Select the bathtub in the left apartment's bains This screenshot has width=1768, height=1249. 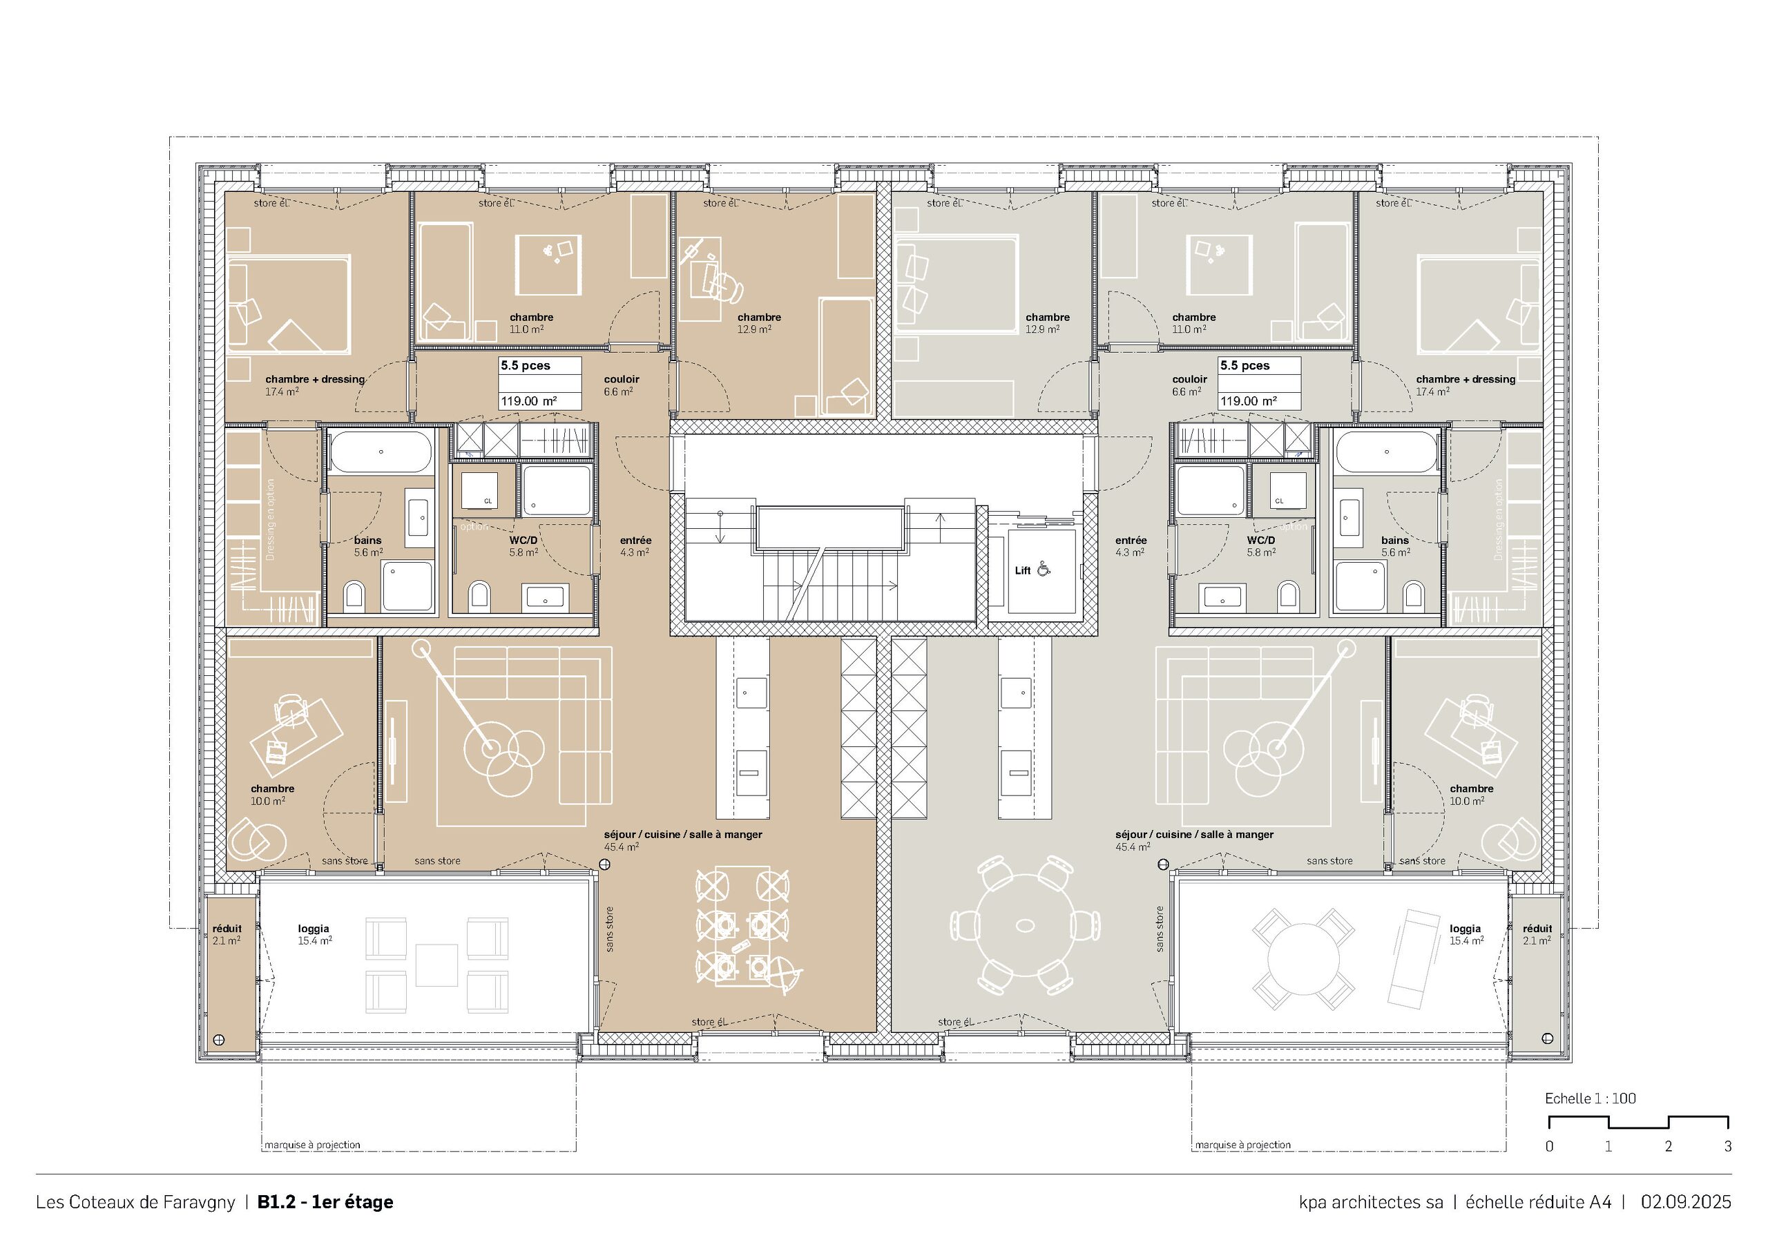coord(381,452)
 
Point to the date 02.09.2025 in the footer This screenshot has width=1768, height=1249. coord(1686,1202)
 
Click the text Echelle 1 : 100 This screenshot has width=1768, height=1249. coord(1590,1099)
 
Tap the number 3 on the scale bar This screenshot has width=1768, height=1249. coord(1727,1147)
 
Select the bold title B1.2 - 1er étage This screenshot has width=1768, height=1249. coord(325,1202)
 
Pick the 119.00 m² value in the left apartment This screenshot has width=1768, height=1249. coord(529,401)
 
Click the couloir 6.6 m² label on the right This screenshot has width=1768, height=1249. coord(1189,385)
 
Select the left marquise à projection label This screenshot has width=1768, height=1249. coord(312,1145)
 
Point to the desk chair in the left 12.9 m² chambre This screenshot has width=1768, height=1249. coord(724,288)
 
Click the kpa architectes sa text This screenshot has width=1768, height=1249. coord(1371,1202)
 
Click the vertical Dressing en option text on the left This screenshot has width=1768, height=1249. coord(270,520)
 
